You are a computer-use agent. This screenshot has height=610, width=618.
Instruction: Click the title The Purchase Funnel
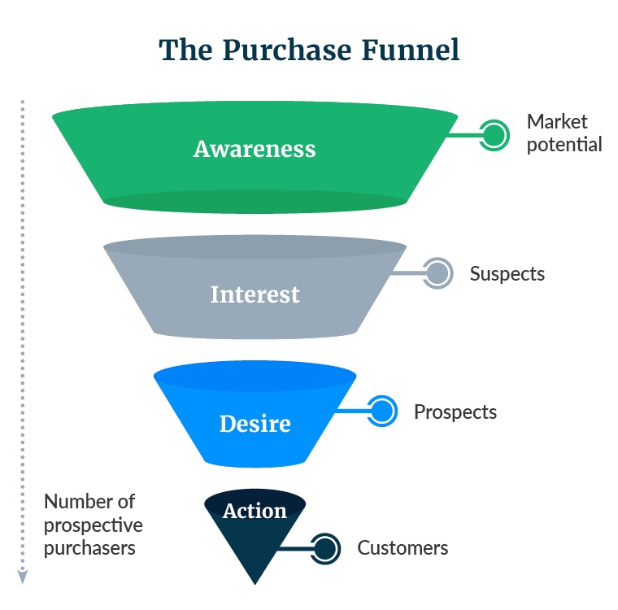309,50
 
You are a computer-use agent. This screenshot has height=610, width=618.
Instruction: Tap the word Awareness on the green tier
255,150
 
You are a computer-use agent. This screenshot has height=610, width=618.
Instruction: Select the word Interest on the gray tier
255,294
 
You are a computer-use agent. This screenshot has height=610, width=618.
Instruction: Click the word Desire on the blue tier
255,424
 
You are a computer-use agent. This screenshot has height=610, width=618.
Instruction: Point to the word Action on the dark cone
255,511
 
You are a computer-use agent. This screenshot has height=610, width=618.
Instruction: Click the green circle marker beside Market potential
493,134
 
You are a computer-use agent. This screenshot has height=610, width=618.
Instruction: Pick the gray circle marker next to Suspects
437,273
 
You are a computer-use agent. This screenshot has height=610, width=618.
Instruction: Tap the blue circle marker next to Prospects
381,412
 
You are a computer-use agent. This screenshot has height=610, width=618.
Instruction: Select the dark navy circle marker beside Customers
325,548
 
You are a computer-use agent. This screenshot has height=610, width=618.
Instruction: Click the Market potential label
564,133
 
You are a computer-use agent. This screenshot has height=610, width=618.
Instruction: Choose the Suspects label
507,273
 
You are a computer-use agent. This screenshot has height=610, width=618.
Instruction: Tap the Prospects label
455,412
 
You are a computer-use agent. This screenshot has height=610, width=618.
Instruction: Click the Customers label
403,548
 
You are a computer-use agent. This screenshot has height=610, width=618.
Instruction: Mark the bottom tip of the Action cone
255,582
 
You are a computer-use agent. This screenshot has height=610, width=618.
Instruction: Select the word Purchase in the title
289,50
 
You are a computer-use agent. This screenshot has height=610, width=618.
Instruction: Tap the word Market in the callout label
557,122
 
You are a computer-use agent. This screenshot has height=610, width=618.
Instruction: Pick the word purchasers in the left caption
89,548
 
